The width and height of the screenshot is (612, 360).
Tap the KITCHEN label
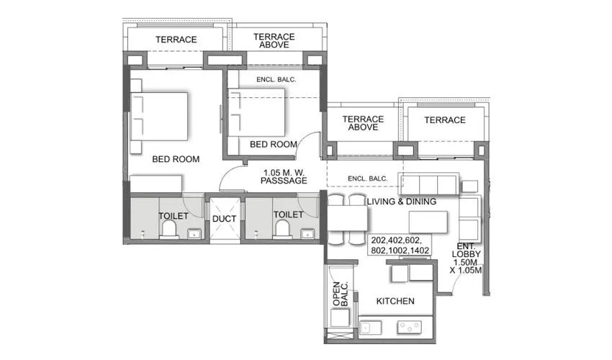(395, 301)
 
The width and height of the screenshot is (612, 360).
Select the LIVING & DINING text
(401, 202)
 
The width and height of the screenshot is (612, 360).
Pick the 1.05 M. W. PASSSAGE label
(285, 176)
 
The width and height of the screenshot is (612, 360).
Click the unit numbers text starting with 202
(400, 245)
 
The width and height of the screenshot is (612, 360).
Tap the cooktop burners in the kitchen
(411, 327)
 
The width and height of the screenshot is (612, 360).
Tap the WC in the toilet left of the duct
(169, 229)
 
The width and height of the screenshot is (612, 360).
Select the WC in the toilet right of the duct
(284, 229)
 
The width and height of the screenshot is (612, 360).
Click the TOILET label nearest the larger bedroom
(173, 215)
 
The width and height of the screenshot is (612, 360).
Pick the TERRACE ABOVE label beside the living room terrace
(362, 124)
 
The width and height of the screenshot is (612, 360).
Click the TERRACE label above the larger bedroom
(176, 40)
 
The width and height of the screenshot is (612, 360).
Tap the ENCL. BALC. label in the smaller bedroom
(276, 79)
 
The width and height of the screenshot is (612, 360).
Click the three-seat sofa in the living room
(429, 184)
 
